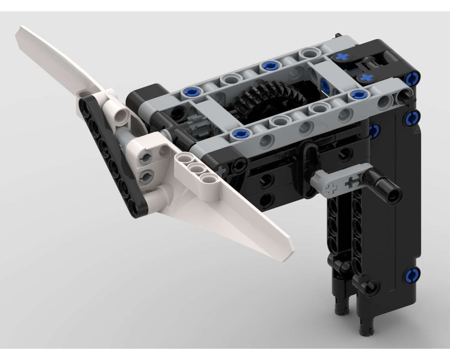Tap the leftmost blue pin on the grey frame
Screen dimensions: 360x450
pos(189,93)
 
